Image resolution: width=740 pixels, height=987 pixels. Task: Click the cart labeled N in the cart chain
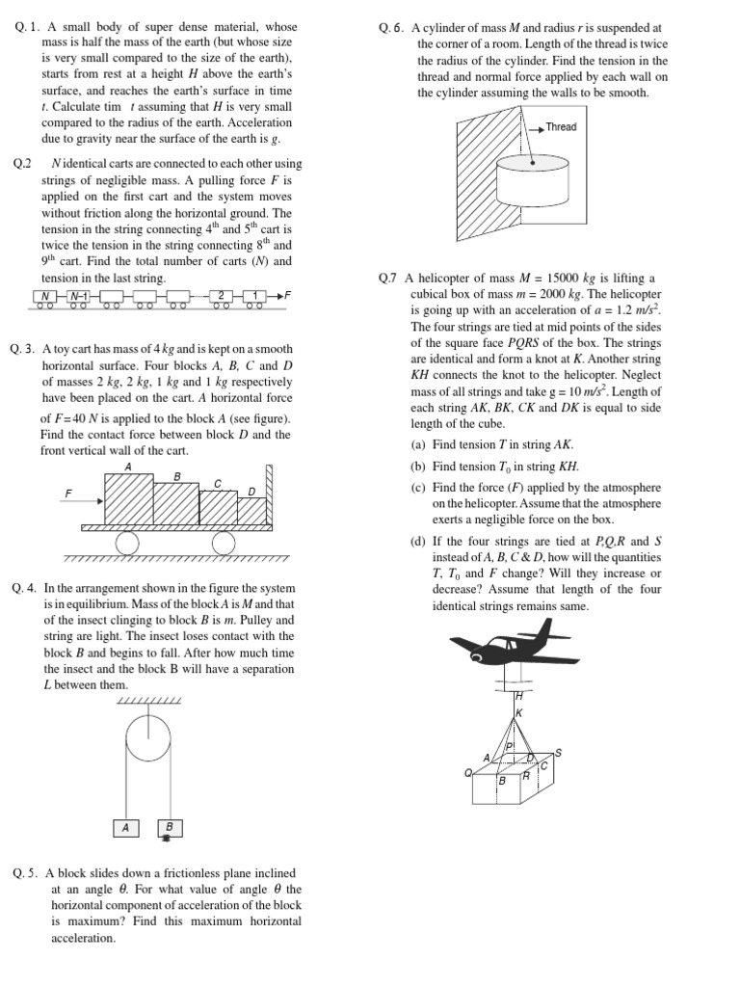pos(45,296)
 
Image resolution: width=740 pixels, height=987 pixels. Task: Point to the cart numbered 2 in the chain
pos(222,296)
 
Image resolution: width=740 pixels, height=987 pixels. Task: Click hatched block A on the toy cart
pos(128,498)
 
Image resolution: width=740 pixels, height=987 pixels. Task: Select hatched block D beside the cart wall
pos(251,511)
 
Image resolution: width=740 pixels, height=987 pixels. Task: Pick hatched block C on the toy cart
pos(218,507)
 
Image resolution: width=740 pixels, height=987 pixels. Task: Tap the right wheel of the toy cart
pos(224,544)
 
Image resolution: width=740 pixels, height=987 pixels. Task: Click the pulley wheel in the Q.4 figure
pos(147,738)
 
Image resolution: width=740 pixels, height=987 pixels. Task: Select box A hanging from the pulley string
pos(124,827)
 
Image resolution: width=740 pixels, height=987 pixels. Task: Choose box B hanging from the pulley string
pos(169,827)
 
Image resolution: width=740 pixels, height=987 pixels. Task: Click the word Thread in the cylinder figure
pos(561,127)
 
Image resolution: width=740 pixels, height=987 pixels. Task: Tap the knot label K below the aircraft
pos(518,712)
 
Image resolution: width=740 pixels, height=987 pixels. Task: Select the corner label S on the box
pos(558,752)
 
